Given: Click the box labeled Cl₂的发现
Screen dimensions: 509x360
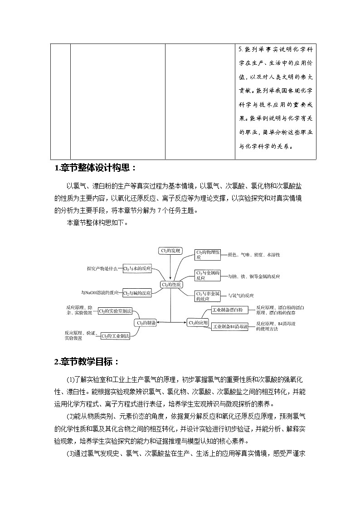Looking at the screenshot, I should [x=170, y=251].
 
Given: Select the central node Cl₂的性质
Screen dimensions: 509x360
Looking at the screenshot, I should [x=171, y=285].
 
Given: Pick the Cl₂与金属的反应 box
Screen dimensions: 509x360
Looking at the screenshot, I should [x=208, y=276].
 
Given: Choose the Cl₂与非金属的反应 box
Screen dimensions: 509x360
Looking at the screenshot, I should [x=208, y=296].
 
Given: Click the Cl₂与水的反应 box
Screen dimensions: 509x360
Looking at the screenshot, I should [x=137, y=268].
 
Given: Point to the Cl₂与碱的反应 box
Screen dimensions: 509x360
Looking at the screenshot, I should [x=137, y=293].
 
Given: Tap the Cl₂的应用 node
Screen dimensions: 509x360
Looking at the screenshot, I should [x=198, y=322].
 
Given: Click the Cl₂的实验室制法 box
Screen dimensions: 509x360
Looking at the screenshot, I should [x=115, y=311].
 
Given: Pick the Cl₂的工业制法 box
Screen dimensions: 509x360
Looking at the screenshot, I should [x=115, y=336].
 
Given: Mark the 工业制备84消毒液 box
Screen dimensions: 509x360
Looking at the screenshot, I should [x=230, y=326].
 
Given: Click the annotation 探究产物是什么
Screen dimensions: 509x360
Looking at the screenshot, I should [x=102, y=268].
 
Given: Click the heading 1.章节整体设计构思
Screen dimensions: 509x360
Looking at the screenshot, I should [x=95, y=168].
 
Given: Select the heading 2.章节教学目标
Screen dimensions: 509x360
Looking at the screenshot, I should [x=87, y=362].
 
